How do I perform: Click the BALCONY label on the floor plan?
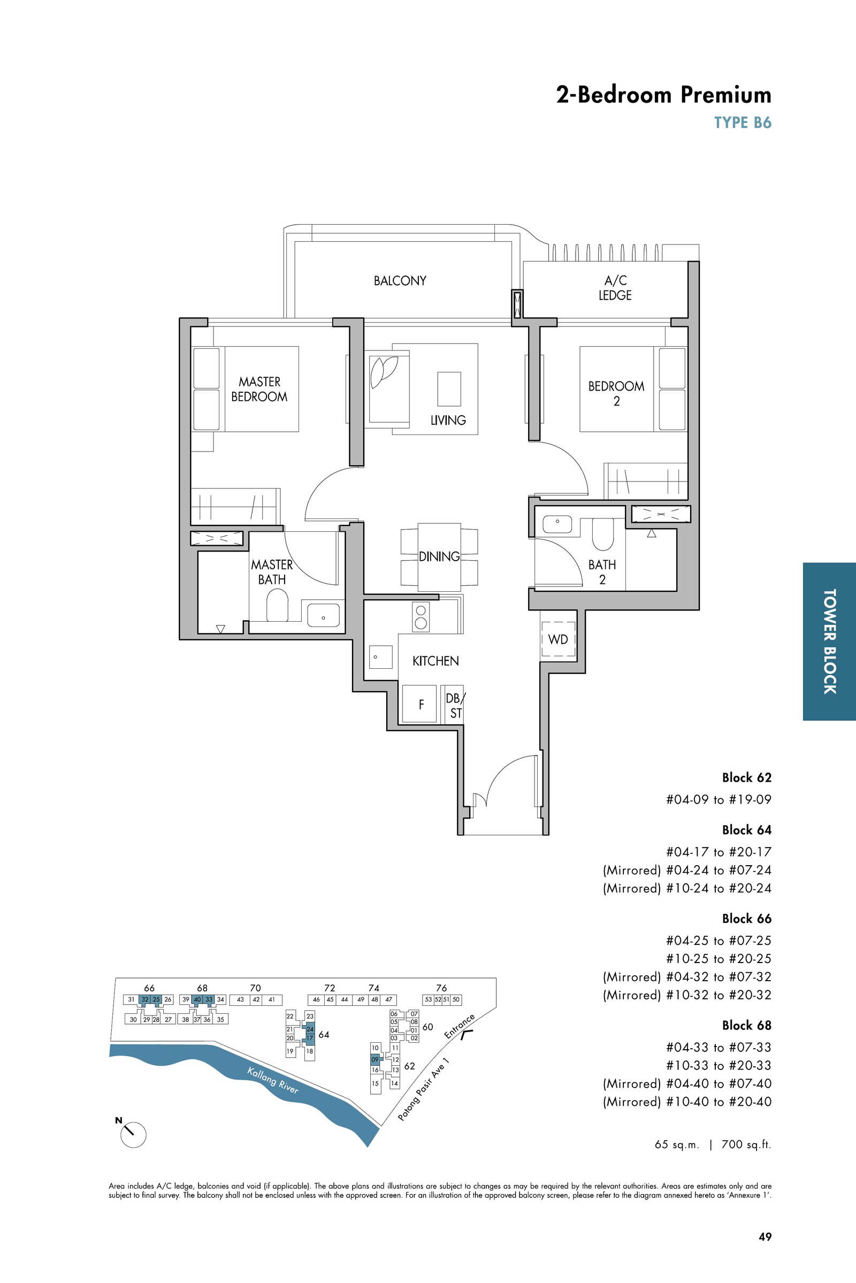pyautogui.click(x=400, y=280)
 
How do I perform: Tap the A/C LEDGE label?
pyautogui.click(x=615, y=288)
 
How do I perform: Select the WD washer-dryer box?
pyautogui.click(x=558, y=639)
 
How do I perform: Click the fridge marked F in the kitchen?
pyautogui.click(x=420, y=704)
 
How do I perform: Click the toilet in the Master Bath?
pyautogui.click(x=277, y=608)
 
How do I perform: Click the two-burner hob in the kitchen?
pyautogui.click(x=421, y=616)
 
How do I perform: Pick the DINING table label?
pyautogui.click(x=439, y=556)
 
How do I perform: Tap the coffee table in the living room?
pyautogui.click(x=449, y=389)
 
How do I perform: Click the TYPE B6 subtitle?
pyautogui.click(x=743, y=123)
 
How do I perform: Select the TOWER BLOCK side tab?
pyautogui.click(x=829, y=642)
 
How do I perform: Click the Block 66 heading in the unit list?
pyautogui.click(x=746, y=918)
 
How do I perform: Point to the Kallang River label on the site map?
pyautogui.click(x=273, y=1080)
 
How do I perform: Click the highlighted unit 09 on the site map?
pyautogui.click(x=375, y=1060)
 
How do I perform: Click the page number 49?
pyautogui.click(x=765, y=1236)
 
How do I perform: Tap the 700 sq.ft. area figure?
pyautogui.click(x=746, y=1144)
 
